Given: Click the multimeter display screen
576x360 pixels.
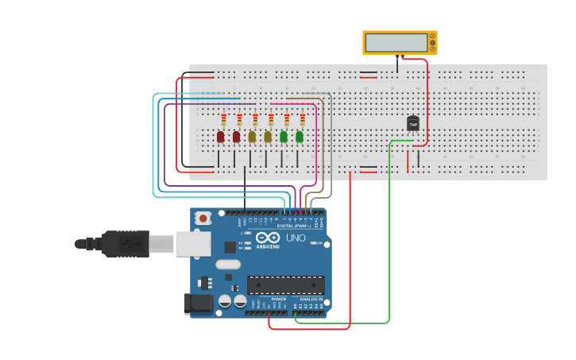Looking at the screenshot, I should [x=396, y=42].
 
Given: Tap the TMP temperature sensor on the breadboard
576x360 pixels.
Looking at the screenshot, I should [x=413, y=123].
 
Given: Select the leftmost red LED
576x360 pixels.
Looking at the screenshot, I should [x=220, y=137].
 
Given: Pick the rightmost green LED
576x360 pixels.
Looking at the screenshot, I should [x=300, y=137].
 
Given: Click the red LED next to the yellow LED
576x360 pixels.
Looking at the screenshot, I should [x=236, y=137].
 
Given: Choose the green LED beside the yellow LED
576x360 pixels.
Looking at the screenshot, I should [x=284, y=137].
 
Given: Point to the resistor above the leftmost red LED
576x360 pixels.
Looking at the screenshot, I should [x=224, y=120].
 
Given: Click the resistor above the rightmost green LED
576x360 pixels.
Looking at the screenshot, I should [x=303, y=120].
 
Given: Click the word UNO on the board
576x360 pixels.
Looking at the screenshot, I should [x=296, y=238].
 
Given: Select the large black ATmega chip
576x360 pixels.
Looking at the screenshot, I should [x=286, y=285].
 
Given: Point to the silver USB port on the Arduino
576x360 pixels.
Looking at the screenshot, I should [x=190, y=243].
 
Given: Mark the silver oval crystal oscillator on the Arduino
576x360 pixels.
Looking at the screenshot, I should [x=227, y=265].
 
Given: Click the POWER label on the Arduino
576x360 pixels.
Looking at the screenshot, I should [x=268, y=299].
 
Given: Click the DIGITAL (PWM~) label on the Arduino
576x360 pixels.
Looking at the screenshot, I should [x=294, y=226].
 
